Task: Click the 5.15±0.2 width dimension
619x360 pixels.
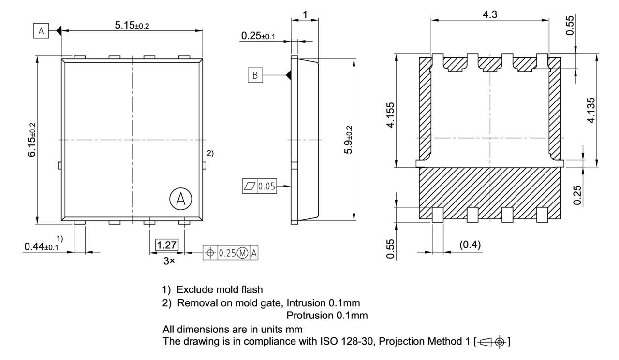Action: (x=132, y=26)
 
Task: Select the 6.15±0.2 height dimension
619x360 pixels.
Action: (x=32, y=140)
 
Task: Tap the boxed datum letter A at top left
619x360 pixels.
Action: (x=41, y=31)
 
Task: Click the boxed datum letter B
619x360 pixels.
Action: (x=255, y=75)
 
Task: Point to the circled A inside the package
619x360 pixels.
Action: (x=180, y=199)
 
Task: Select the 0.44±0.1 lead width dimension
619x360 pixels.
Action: (x=41, y=246)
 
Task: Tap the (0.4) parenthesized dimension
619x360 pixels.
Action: (x=469, y=246)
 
